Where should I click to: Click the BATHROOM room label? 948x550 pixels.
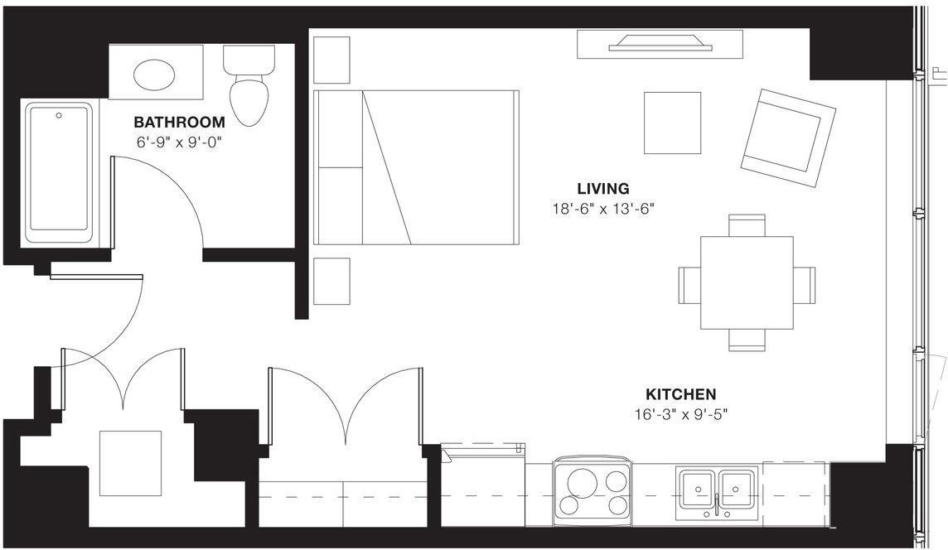coord(179,122)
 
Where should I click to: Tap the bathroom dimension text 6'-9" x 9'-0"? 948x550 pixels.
coord(180,142)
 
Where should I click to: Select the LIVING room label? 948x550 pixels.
coord(603,189)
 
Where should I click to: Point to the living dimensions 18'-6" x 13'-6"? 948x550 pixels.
coord(603,209)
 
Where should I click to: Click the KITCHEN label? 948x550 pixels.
coord(681,395)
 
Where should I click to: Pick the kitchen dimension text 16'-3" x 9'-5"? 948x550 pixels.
coord(681,413)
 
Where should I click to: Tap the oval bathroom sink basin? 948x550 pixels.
coord(155,75)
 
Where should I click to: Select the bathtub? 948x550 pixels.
coord(60,171)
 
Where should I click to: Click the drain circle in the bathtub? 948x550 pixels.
coord(58,115)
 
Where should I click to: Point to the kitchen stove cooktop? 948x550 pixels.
coord(592,492)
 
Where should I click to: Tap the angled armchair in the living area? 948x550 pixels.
coord(787,137)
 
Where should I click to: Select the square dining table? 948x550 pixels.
coord(747,282)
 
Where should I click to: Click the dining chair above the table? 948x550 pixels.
coord(747,224)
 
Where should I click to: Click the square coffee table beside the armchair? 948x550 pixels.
coord(672,123)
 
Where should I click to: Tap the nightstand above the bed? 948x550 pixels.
coord(331,60)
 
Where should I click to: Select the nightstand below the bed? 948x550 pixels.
coord(331,282)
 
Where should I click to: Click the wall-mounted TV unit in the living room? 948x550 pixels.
coord(660,45)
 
